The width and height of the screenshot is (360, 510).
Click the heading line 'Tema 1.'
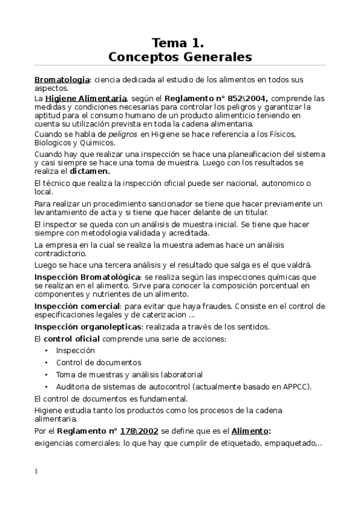point(179,42)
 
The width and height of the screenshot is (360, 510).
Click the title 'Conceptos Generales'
point(180,57)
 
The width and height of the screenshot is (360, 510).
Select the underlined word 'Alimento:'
point(251,431)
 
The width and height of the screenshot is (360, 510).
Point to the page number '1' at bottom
point(36,472)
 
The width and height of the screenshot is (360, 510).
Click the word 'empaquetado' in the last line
point(288,443)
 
